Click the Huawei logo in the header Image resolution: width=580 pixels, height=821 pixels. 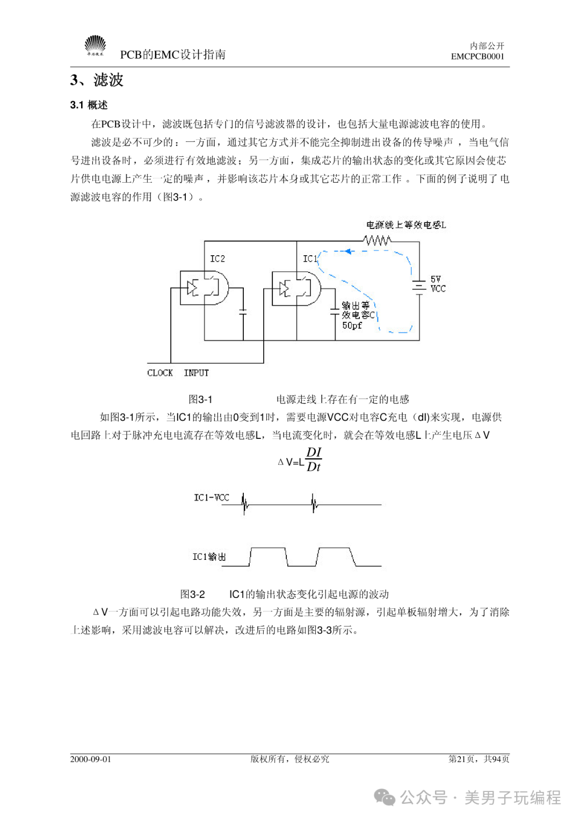click(x=95, y=46)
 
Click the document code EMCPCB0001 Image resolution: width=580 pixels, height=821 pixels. click(x=477, y=56)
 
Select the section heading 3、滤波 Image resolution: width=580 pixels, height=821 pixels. click(x=97, y=80)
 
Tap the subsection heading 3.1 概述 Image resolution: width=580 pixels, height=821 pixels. click(x=89, y=105)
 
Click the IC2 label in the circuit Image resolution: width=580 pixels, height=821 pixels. click(x=218, y=259)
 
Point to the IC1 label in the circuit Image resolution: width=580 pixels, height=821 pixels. click(x=310, y=259)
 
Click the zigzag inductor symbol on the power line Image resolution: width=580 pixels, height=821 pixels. click(x=378, y=241)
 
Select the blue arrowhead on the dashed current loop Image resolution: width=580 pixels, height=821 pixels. click(x=349, y=251)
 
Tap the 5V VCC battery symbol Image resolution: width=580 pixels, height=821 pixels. click(x=419, y=286)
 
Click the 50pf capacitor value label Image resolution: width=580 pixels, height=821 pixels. click(x=352, y=326)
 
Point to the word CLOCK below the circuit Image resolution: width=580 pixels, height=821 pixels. click(x=160, y=373)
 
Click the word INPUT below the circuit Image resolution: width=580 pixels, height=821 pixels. click(x=197, y=373)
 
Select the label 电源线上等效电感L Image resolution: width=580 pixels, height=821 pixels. click(x=406, y=225)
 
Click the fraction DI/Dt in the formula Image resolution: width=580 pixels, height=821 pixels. click(x=314, y=459)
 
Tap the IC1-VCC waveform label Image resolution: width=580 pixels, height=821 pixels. click(x=212, y=498)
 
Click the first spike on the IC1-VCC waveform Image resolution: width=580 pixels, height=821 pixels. click(x=244, y=504)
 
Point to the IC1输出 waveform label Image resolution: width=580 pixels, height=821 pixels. click(x=209, y=557)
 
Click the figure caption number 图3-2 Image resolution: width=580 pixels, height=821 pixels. click(x=192, y=594)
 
